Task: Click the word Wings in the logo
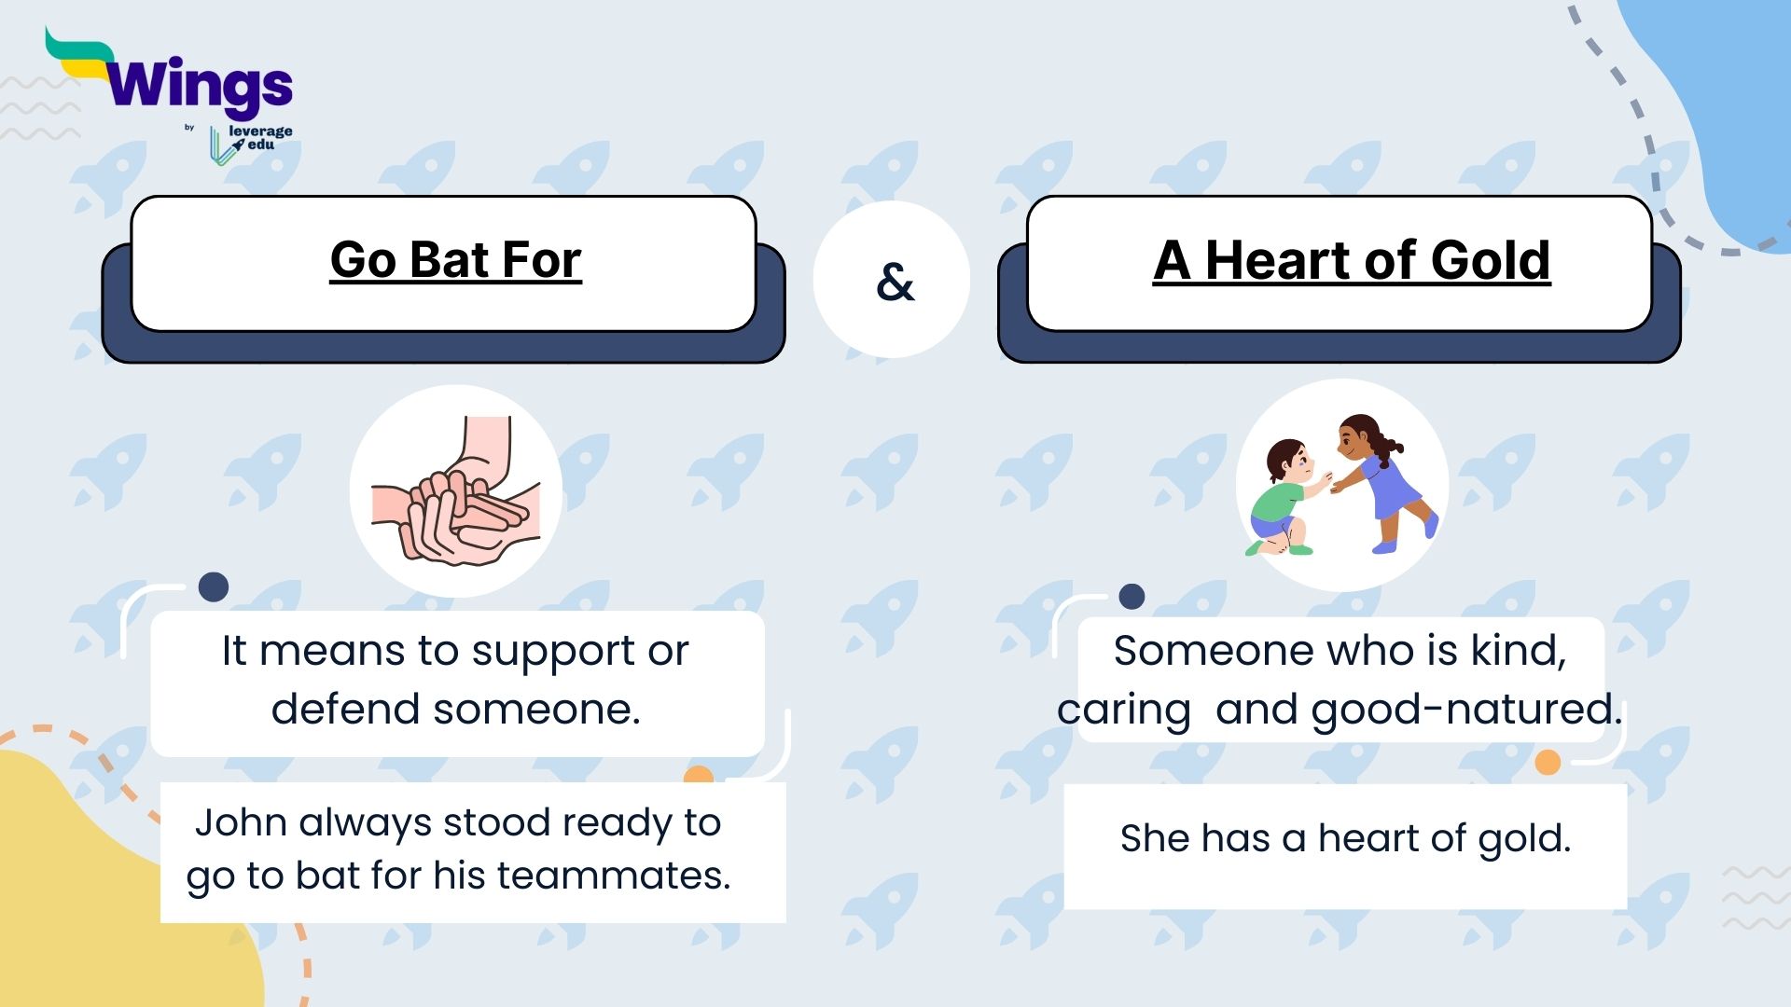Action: [200, 87]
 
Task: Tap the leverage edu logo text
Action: [259, 138]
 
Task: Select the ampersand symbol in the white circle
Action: [895, 282]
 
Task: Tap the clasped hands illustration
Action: [456, 491]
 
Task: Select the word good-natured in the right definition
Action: [1467, 710]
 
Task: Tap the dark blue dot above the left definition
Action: [214, 586]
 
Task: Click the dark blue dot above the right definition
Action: [1132, 597]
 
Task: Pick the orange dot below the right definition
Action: [1548, 763]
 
